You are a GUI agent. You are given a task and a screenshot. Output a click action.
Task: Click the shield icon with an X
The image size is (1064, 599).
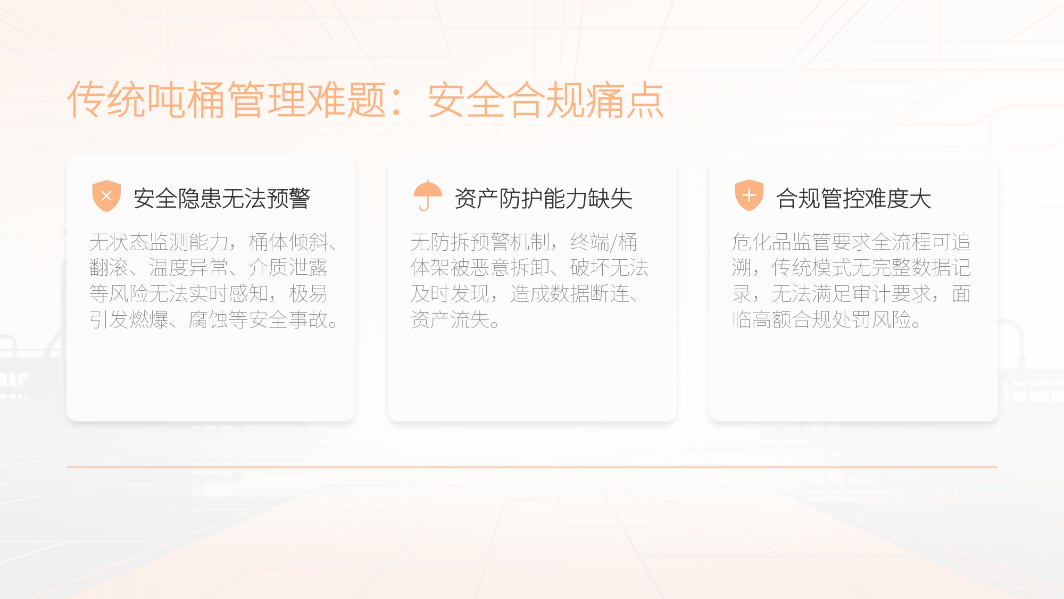tap(106, 196)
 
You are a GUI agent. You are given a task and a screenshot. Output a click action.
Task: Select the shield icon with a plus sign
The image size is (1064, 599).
tap(749, 196)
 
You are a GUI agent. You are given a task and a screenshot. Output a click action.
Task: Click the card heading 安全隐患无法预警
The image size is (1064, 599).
tap(221, 199)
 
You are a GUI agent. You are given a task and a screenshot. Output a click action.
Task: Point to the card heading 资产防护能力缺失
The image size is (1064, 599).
tap(543, 199)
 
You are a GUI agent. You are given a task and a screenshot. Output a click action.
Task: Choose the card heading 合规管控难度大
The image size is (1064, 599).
tap(853, 199)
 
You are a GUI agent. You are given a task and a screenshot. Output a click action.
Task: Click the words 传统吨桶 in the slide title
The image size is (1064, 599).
tap(147, 100)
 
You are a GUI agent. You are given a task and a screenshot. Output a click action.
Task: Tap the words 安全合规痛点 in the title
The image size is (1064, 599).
tap(546, 100)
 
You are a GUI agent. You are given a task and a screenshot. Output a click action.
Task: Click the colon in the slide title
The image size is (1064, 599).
tap(396, 101)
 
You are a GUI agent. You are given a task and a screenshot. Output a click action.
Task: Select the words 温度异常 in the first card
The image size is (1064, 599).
tap(188, 268)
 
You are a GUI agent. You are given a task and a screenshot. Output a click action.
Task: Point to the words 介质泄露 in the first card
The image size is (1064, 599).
tap(288, 268)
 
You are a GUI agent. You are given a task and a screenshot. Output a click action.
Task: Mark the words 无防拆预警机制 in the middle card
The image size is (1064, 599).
tap(480, 242)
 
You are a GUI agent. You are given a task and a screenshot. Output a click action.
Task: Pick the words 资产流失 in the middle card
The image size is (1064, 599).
tap(450, 320)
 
